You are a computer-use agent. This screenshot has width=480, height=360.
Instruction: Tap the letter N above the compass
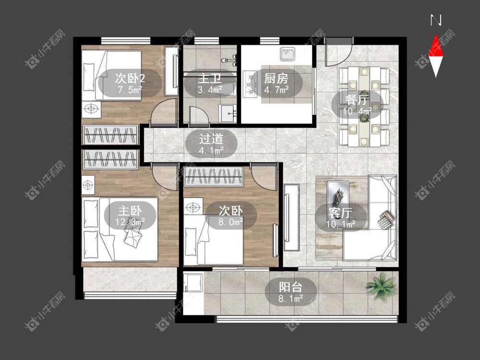pos(436,20)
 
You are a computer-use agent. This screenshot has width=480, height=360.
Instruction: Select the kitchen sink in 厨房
pos(288,55)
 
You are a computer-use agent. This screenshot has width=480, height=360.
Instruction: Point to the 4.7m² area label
pos(276,90)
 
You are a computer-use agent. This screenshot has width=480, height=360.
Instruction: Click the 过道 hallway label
pos(211,139)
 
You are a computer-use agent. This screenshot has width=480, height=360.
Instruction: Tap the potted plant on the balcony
pos(381,287)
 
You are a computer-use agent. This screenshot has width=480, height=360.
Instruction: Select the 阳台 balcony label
pos(290,287)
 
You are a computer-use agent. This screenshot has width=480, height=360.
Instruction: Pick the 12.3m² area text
pos(130,222)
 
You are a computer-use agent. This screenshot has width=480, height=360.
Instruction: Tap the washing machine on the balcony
pos(193,283)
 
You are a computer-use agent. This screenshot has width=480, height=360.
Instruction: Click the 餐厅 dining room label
pos(357,99)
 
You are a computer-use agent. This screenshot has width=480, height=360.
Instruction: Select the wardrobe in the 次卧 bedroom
pos(214,177)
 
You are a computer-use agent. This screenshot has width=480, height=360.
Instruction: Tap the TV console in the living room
pos(291,217)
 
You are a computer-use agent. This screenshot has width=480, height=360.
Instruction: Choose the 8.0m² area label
pos(230,222)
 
